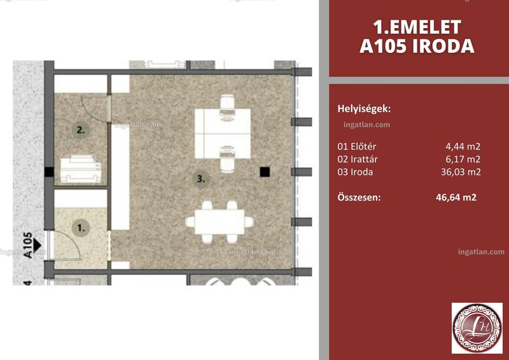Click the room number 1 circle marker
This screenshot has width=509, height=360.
[81, 228]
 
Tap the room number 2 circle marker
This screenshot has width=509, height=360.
[81, 130]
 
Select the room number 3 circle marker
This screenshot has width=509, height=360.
[201, 178]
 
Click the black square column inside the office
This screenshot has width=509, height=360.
[265, 172]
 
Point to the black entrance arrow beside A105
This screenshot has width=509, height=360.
[38, 245]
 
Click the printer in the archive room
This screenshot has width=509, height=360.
[81, 169]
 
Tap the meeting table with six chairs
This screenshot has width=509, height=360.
[220, 222]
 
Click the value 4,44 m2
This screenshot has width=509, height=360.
[463, 147]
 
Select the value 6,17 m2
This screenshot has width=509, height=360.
[463, 160]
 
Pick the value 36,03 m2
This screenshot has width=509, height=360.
[461, 172]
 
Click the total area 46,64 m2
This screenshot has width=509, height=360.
[456, 197]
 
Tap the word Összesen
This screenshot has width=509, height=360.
[359, 197]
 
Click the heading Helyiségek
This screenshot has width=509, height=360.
[364, 109]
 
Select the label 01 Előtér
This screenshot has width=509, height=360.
[356, 146]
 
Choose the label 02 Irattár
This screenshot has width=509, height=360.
[358, 160]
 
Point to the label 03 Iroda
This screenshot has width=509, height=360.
[355, 172]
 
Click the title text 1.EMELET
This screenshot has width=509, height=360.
[417, 27]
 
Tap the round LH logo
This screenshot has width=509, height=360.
[477, 328]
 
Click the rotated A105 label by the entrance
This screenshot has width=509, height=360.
[28, 245]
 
